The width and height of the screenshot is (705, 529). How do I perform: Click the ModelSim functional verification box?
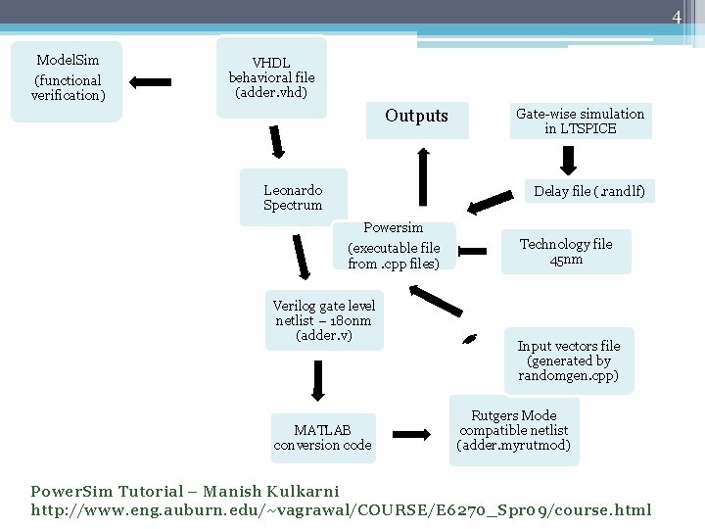click(67, 80)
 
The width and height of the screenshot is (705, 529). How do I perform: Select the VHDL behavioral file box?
click(271, 77)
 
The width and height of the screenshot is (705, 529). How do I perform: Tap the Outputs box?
click(416, 117)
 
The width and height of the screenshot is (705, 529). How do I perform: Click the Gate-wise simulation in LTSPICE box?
click(580, 121)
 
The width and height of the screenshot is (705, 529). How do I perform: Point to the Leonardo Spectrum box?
click(293, 198)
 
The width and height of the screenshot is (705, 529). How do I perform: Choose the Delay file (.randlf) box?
click(589, 192)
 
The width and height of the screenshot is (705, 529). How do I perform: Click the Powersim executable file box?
click(394, 246)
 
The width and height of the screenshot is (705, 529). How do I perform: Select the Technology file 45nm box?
click(566, 252)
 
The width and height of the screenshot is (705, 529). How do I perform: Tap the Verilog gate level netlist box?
click(324, 320)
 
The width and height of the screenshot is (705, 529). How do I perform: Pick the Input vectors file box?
click(569, 361)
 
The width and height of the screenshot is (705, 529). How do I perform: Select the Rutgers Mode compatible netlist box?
click(514, 431)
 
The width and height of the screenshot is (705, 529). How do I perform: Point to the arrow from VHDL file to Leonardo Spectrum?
click(277, 141)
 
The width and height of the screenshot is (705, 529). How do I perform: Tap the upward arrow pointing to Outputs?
click(423, 177)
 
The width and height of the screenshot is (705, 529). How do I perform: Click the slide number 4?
click(676, 17)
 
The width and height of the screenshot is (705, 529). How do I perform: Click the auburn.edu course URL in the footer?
click(341, 510)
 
